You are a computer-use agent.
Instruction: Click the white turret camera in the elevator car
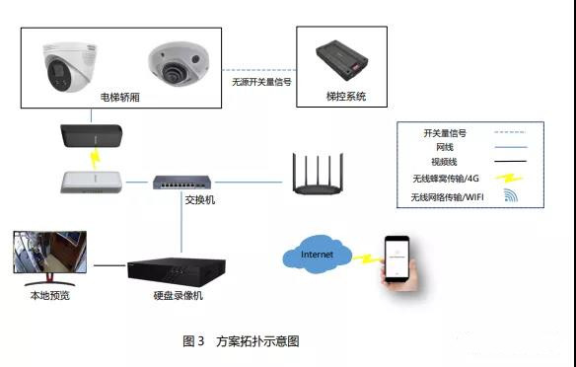[x=70, y=67]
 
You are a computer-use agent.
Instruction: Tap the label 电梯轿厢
[x=119, y=98]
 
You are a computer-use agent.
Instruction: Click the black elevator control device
[x=341, y=60]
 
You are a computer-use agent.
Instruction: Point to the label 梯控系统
[x=346, y=97]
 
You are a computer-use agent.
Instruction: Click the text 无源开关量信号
[x=261, y=82]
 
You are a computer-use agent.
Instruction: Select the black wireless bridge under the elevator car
[x=91, y=135]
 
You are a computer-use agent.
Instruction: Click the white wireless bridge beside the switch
[x=91, y=183]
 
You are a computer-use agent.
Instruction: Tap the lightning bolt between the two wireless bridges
[x=95, y=159]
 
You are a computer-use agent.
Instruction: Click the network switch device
[x=182, y=183]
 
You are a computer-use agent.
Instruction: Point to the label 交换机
[x=200, y=200]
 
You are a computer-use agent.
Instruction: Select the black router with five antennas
[x=319, y=174]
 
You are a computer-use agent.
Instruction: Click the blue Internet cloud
[x=317, y=255]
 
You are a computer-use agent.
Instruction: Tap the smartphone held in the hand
[x=396, y=259]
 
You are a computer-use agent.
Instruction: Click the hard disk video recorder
[x=177, y=272]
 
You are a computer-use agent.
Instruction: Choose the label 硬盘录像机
[x=179, y=296]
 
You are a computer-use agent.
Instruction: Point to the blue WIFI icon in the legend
[x=511, y=195]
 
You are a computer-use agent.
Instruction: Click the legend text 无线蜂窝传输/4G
[x=446, y=179]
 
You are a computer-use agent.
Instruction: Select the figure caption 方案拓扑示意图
[x=257, y=341]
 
